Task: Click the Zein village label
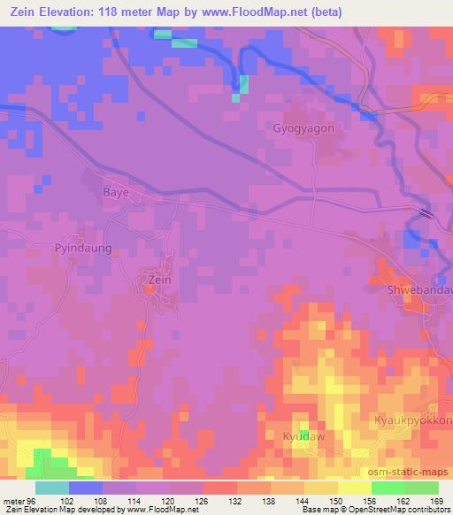click(156, 281)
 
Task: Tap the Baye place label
click(116, 191)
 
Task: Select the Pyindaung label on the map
click(83, 249)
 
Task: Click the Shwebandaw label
click(420, 290)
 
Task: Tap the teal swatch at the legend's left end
click(52, 488)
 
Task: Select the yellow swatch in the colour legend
click(354, 488)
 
